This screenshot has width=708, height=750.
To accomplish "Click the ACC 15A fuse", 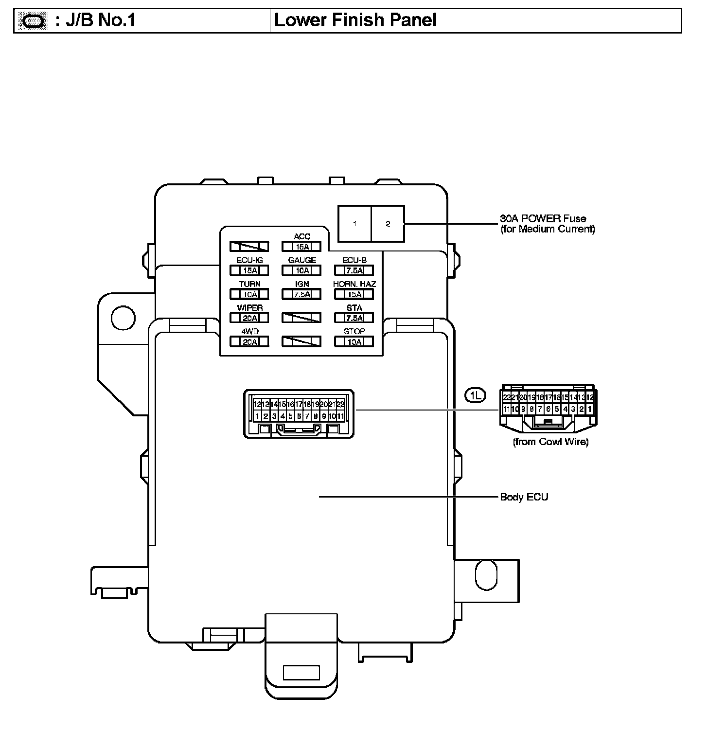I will pyautogui.click(x=302, y=247).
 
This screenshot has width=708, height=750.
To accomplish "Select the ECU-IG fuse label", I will pyautogui.click(x=249, y=261).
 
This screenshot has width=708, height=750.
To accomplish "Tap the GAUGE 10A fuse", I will pyautogui.click(x=302, y=270).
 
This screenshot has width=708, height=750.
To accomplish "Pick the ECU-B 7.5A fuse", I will pyautogui.click(x=354, y=270).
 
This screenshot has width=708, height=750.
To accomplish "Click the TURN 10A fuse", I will pyautogui.click(x=249, y=294).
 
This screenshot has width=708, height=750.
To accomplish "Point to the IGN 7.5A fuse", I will pyautogui.click(x=302, y=294).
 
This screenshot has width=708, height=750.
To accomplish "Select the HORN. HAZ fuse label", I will pyautogui.click(x=354, y=284).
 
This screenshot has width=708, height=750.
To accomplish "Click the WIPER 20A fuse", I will pyautogui.click(x=249, y=318).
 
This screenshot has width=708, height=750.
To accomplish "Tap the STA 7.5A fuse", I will pyautogui.click(x=354, y=318).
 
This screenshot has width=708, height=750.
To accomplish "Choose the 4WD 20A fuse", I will pyautogui.click(x=249, y=342).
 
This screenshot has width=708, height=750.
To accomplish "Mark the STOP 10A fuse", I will pyautogui.click(x=354, y=342).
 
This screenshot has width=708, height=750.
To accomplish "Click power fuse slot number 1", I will pyautogui.click(x=354, y=224).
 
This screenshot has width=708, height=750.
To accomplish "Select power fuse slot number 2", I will pyautogui.click(x=388, y=224).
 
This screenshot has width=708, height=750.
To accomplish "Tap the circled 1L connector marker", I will pyautogui.click(x=475, y=395).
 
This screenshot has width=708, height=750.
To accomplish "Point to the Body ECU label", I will pyautogui.click(x=524, y=497).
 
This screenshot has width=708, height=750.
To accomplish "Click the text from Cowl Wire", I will pyautogui.click(x=550, y=442).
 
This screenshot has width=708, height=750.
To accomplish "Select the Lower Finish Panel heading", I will pyautogui.click(x=355, y=20).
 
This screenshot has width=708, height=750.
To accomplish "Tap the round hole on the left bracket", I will pyautogui.click(x=123, y=318).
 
